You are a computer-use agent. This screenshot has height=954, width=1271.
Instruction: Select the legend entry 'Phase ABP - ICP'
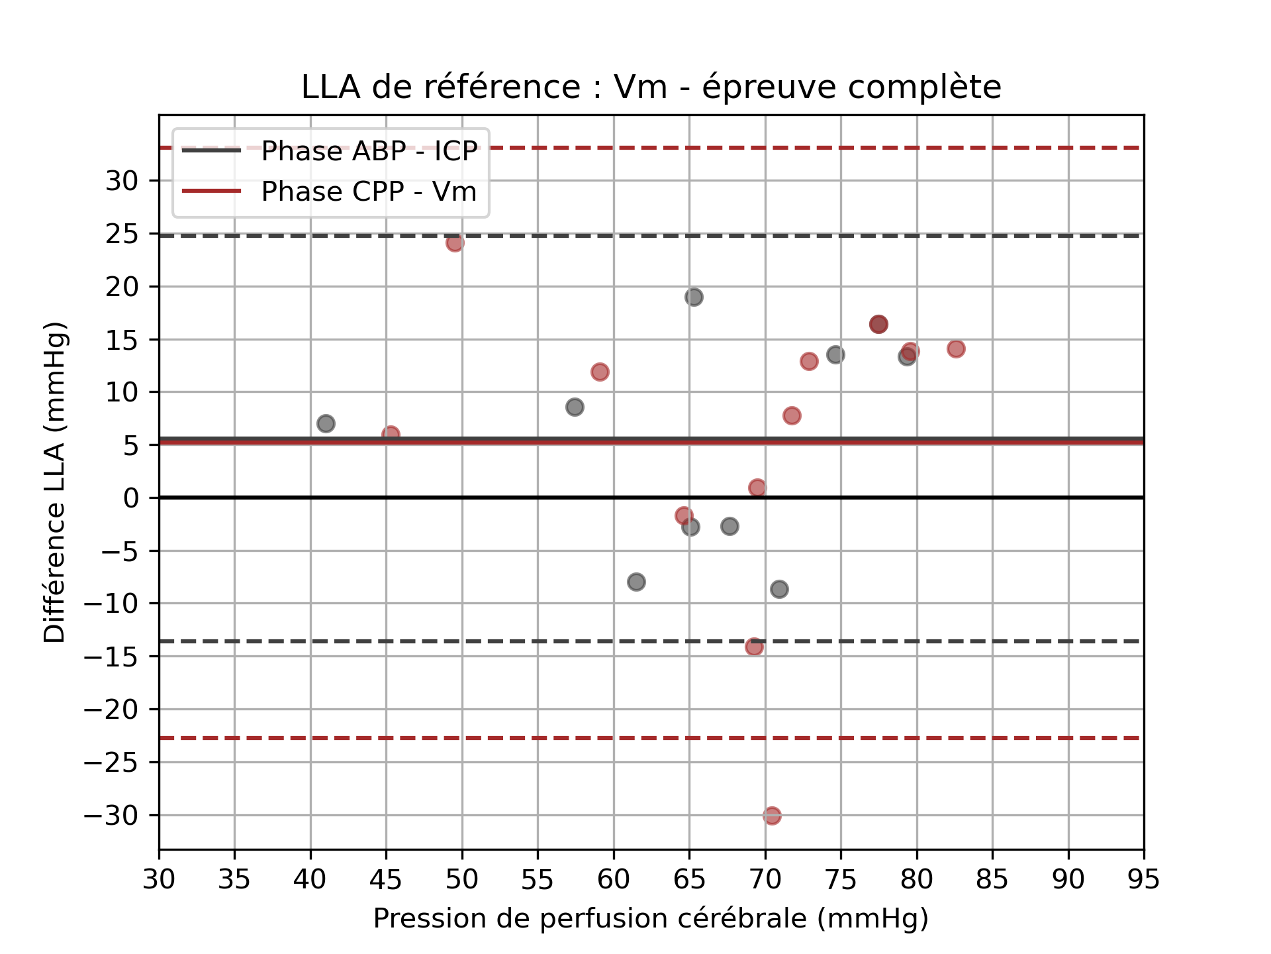(x=369, y=151)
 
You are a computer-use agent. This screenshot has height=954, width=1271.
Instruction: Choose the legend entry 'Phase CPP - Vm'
(x=369, y=191)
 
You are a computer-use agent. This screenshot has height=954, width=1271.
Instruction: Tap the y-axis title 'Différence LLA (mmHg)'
(x=54, y=482)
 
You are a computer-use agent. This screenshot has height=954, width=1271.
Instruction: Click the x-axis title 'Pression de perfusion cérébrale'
(x=651, y=919)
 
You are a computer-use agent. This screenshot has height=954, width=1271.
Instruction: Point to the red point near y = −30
(x=772, y=816)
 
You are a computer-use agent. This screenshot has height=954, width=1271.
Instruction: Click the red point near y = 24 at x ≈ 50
(x=455, y=243)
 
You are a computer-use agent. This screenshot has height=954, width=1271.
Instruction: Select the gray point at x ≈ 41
(x=326, y=423)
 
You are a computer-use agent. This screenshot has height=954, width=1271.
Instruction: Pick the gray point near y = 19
(x=694, y=297)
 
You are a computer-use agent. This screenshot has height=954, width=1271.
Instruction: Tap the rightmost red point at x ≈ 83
(x=956, y=348)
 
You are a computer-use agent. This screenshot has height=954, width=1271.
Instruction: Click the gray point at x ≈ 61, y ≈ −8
(x=636, y=582)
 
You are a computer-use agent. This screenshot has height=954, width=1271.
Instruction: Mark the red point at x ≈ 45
(x=391, y=435)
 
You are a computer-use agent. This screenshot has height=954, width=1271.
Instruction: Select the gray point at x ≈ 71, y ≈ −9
(x=779, y=589)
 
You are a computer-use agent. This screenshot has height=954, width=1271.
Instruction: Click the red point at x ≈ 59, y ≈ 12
(x=600, y=372)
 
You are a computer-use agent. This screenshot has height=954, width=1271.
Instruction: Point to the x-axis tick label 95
(x=1143, y=880)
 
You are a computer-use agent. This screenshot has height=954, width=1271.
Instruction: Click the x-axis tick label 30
(x=159, y=880)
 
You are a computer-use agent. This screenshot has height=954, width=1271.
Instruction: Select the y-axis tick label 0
(x=132, y=498)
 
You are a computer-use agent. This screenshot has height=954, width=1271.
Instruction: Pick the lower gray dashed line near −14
(x=530, y=641)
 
